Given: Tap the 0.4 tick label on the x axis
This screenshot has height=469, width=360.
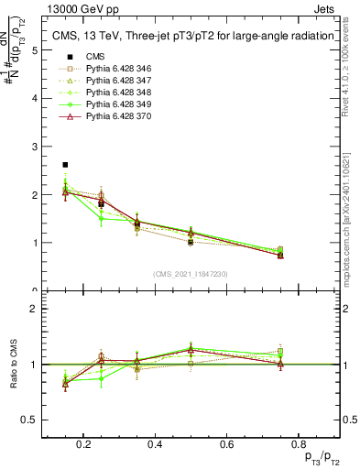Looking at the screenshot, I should click(154, 444).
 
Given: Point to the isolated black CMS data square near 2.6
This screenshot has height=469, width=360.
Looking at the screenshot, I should click(65, 165).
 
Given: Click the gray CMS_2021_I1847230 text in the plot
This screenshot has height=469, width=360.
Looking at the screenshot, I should click(190, 274).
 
